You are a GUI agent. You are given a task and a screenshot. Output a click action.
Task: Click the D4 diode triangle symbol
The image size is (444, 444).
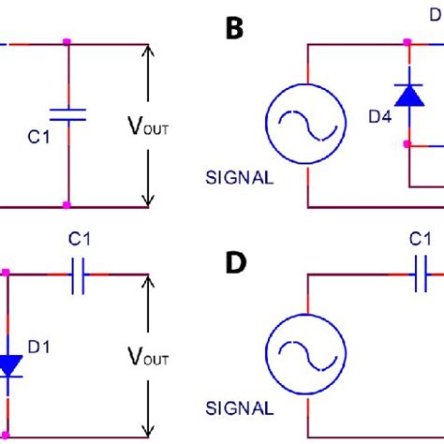point(407,95)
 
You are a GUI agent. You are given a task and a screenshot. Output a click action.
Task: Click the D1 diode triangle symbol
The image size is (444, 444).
point(9,364)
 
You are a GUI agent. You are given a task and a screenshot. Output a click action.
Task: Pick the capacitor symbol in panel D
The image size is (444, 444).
point(420,274)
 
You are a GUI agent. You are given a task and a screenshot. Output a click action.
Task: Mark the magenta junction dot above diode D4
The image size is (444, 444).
point(407,43)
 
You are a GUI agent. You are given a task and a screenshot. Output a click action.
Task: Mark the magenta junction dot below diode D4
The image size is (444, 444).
point(407,144)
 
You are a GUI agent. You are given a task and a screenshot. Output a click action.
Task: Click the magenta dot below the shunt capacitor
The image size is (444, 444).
point(67,205)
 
